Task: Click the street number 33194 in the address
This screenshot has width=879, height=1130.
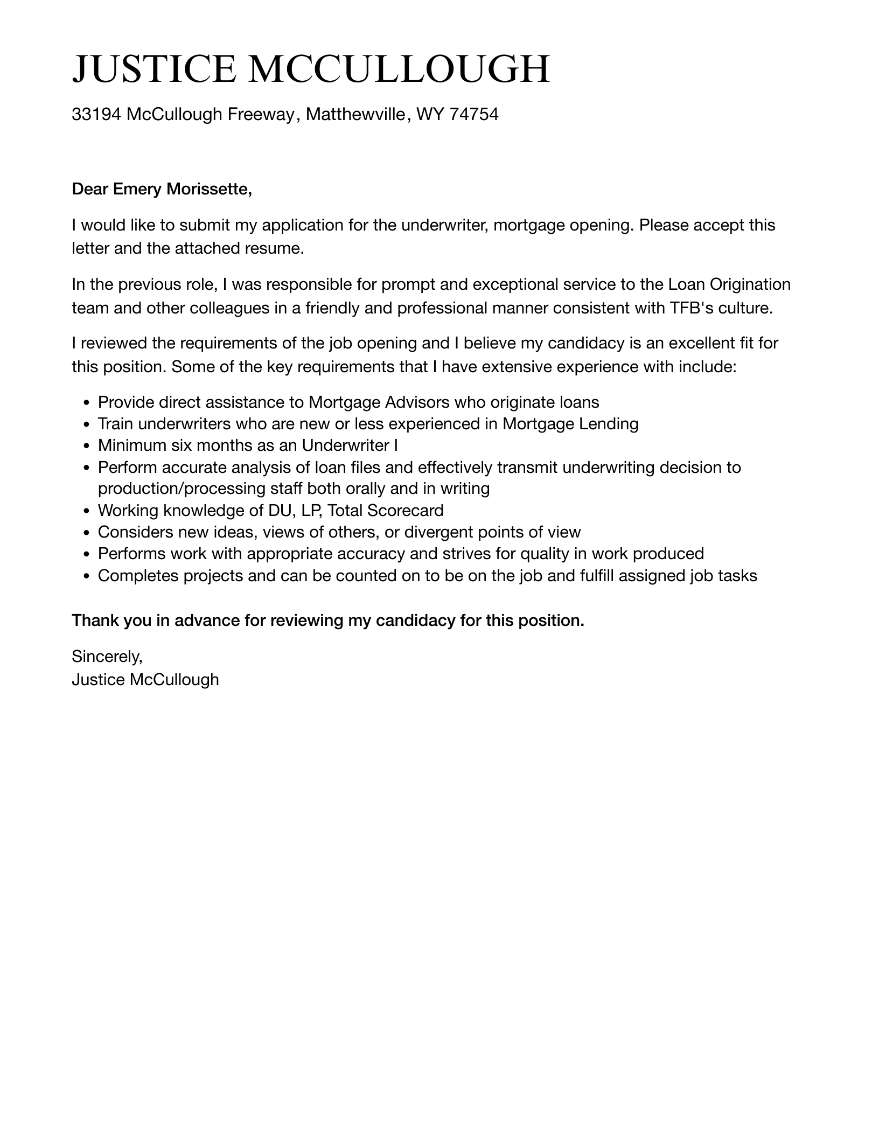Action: (x=96, y=114)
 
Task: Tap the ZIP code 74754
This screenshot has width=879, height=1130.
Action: (x=473, y=114)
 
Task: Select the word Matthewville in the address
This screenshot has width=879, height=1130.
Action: (x=355, y=114)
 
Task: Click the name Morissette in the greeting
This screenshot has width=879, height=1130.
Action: (x=209, y=189)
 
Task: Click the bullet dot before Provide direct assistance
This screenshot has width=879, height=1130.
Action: (x=87, y=403)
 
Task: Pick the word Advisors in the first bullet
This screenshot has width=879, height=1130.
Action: (x=417, y=402)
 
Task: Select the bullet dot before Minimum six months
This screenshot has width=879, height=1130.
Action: (x=87, y=446)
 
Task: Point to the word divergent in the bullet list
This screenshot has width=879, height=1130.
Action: (x=441, y=532)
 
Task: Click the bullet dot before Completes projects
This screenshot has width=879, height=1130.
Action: (x=87, y=576)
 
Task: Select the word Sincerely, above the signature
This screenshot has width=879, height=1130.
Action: (x=107, y=656)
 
